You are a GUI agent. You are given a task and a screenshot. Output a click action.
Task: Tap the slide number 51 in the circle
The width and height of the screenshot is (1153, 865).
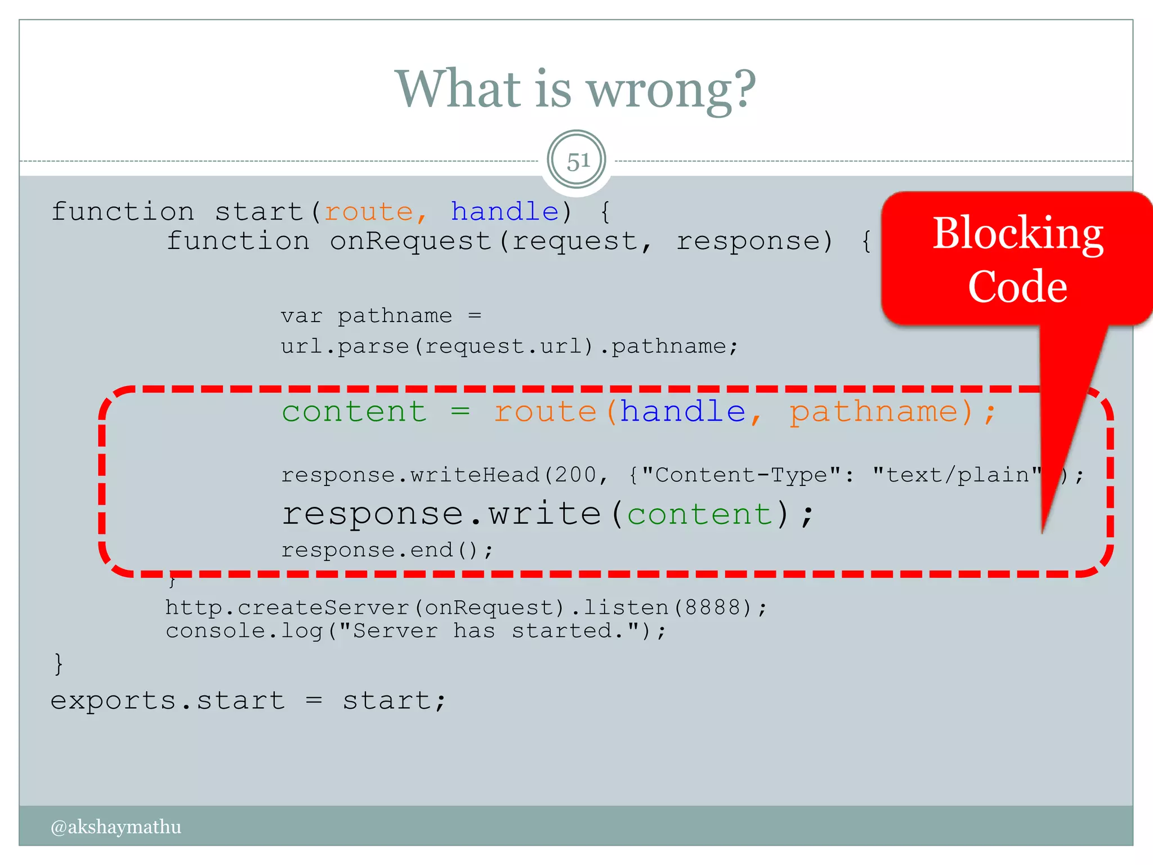577,162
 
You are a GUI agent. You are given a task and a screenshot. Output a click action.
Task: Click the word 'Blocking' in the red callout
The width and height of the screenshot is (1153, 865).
1018,234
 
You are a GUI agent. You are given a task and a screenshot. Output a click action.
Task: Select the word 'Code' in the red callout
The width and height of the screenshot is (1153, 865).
1018,287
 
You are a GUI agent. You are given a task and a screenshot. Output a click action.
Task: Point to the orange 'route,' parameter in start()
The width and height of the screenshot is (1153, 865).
375,212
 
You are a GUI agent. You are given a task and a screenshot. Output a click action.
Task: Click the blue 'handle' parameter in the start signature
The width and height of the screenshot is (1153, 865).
504,212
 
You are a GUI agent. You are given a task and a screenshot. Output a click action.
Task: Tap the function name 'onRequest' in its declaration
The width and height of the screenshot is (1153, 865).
411,242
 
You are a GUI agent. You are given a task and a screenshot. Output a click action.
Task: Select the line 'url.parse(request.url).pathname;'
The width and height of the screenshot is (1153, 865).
510,346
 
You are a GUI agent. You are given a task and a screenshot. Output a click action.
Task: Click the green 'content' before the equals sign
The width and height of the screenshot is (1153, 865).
354,412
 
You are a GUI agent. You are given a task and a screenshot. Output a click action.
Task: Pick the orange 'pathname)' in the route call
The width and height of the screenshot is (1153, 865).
881,412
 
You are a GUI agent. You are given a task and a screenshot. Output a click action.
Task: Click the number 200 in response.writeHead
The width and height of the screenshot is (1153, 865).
575,475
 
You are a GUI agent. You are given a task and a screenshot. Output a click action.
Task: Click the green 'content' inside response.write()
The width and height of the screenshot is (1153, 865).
700,514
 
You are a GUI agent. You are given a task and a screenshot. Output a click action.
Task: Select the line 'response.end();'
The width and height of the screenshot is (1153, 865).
387,550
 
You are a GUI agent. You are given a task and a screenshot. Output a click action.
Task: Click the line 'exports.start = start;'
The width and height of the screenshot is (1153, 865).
248,701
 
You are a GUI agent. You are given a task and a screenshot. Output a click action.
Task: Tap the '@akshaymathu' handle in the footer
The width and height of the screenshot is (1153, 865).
116,827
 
